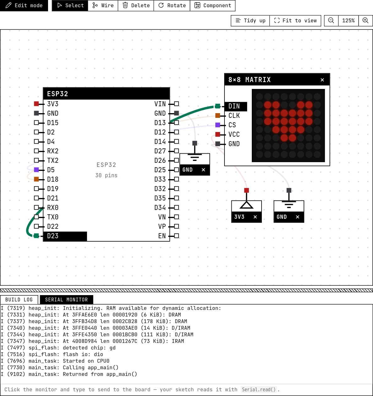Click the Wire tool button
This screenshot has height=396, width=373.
(x=103, y=5)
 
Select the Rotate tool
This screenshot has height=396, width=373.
(x=172, y=5)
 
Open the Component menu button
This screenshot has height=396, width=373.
(x=213, y=5)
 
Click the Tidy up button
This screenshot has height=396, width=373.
(x=250, y=20)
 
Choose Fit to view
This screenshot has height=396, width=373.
(x=295, y=20)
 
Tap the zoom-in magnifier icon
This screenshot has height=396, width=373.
(x=365, y=20)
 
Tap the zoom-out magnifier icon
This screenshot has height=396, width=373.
(x=331, y=20)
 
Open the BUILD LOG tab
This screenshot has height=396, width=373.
(x=19, y=300)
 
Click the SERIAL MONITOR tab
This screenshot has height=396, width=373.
(x=66, y=300)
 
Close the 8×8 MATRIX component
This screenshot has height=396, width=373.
(x=322, y=80)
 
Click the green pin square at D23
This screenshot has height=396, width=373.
(x=36, y=236)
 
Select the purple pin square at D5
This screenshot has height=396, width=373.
(x=36, y=170)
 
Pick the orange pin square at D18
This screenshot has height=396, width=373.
(x=36, y=179)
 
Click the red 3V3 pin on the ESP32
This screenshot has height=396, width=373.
(x=36, y=104)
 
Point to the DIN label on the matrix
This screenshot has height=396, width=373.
(x=234, y=106)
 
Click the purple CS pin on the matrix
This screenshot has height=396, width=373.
(x=218, y=125)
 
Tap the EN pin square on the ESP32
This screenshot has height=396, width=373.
(x=176, y=236)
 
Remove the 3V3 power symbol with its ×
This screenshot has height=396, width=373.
(x=255, y=217)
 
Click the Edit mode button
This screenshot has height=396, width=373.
(x=24, y=5)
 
